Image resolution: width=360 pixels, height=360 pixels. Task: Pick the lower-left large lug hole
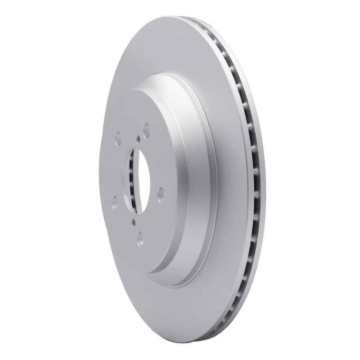(x=114, y=199)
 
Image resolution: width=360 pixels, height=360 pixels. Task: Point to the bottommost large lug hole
(x=139, y=235)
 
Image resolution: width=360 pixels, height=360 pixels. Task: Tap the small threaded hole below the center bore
(x=134, y=221)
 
